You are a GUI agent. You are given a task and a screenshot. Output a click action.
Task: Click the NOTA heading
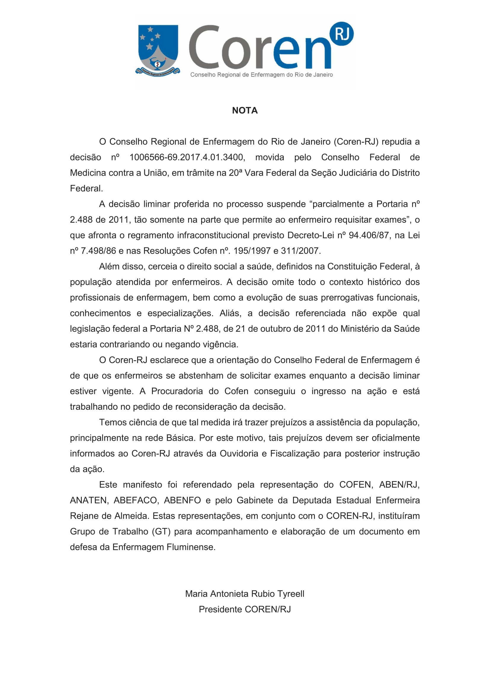245,111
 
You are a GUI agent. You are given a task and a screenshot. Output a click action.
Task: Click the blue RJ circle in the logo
342,34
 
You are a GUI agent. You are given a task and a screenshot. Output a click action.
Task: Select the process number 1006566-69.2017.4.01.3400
187,157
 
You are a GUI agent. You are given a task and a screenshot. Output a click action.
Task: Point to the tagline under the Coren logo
261,75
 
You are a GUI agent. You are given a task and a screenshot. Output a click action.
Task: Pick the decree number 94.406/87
369,235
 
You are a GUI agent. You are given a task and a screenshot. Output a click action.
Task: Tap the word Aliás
230,313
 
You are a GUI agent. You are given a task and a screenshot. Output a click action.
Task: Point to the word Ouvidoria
239,454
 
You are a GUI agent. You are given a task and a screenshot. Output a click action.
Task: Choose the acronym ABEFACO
135,500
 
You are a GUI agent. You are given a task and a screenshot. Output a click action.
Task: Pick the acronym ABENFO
182,500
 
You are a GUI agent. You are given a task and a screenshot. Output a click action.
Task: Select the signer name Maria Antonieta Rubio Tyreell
245,594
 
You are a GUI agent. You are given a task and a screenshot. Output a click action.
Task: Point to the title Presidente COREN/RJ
245,609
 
